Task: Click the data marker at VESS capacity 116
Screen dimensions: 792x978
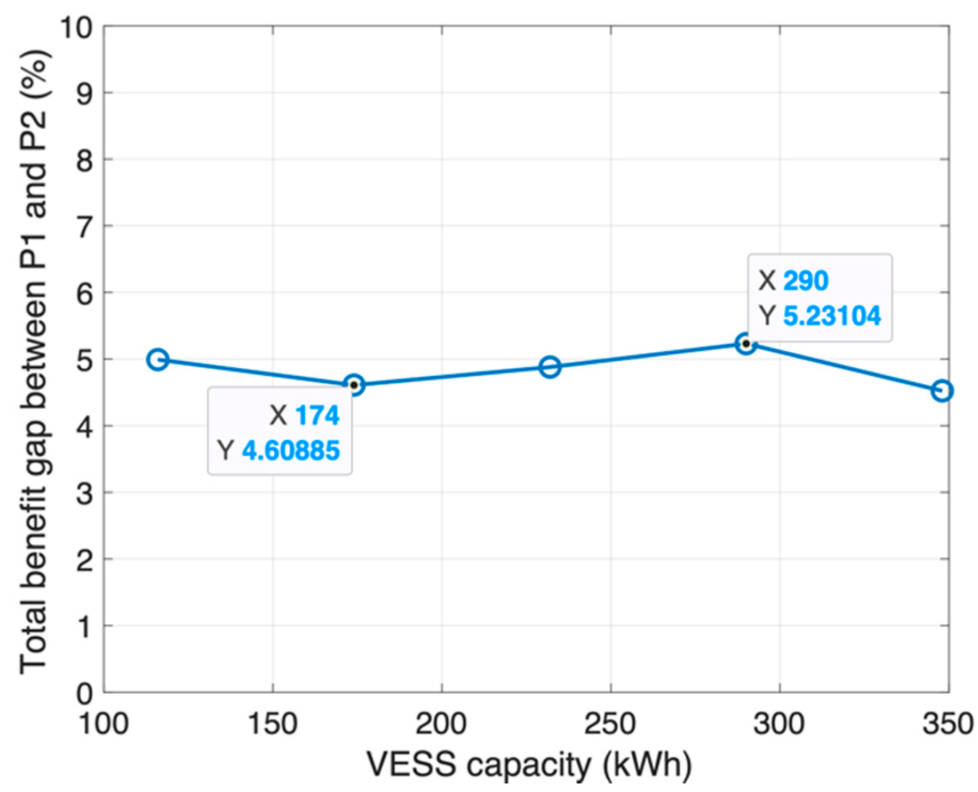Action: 157,359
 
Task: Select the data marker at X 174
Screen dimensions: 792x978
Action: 354,385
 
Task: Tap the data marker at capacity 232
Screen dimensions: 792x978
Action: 550,367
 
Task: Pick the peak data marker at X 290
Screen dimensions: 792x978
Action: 746,343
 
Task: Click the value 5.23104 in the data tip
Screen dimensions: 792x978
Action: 832,316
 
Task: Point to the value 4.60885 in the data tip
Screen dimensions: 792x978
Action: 291,450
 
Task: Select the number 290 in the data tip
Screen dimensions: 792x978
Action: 805,281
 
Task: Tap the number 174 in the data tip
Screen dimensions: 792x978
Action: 317,415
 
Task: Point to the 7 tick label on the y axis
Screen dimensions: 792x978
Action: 83,226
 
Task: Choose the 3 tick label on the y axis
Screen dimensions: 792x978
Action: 83,492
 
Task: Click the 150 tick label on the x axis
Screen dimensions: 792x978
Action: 273,725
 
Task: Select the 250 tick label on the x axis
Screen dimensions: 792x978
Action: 611,725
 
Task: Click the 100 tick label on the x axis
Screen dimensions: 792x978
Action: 104,725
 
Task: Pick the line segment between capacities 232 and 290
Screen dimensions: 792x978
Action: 648,355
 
